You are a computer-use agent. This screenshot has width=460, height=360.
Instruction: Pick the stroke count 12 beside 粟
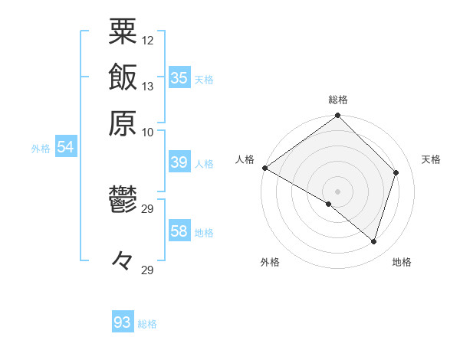pos(148,40)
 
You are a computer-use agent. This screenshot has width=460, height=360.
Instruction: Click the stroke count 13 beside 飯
pos(148,86)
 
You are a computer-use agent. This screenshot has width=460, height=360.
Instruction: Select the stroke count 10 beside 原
pos(148,131)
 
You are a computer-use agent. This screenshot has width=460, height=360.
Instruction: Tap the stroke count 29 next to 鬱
pos(148,208)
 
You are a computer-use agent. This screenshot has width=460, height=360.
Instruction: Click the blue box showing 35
pos(179,77)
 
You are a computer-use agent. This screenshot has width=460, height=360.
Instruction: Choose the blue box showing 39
pos(179,162)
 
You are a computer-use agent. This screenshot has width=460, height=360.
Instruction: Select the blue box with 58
pos(179,231)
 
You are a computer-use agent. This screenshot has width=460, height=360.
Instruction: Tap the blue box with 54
pos(65,148)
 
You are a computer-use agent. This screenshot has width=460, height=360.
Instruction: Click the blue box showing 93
pos(123,322)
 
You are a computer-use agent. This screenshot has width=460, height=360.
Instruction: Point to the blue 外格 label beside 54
pos(41,149)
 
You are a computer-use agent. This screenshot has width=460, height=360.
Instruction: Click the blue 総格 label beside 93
pos(147,324)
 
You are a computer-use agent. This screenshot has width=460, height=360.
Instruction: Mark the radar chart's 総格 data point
pos(338,116)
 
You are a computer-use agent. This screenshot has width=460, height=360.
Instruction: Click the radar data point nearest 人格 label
pos(264,168)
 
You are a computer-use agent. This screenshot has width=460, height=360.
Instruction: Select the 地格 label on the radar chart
pos(402,263)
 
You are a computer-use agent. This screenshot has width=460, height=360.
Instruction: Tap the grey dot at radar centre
pos(338,191)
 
